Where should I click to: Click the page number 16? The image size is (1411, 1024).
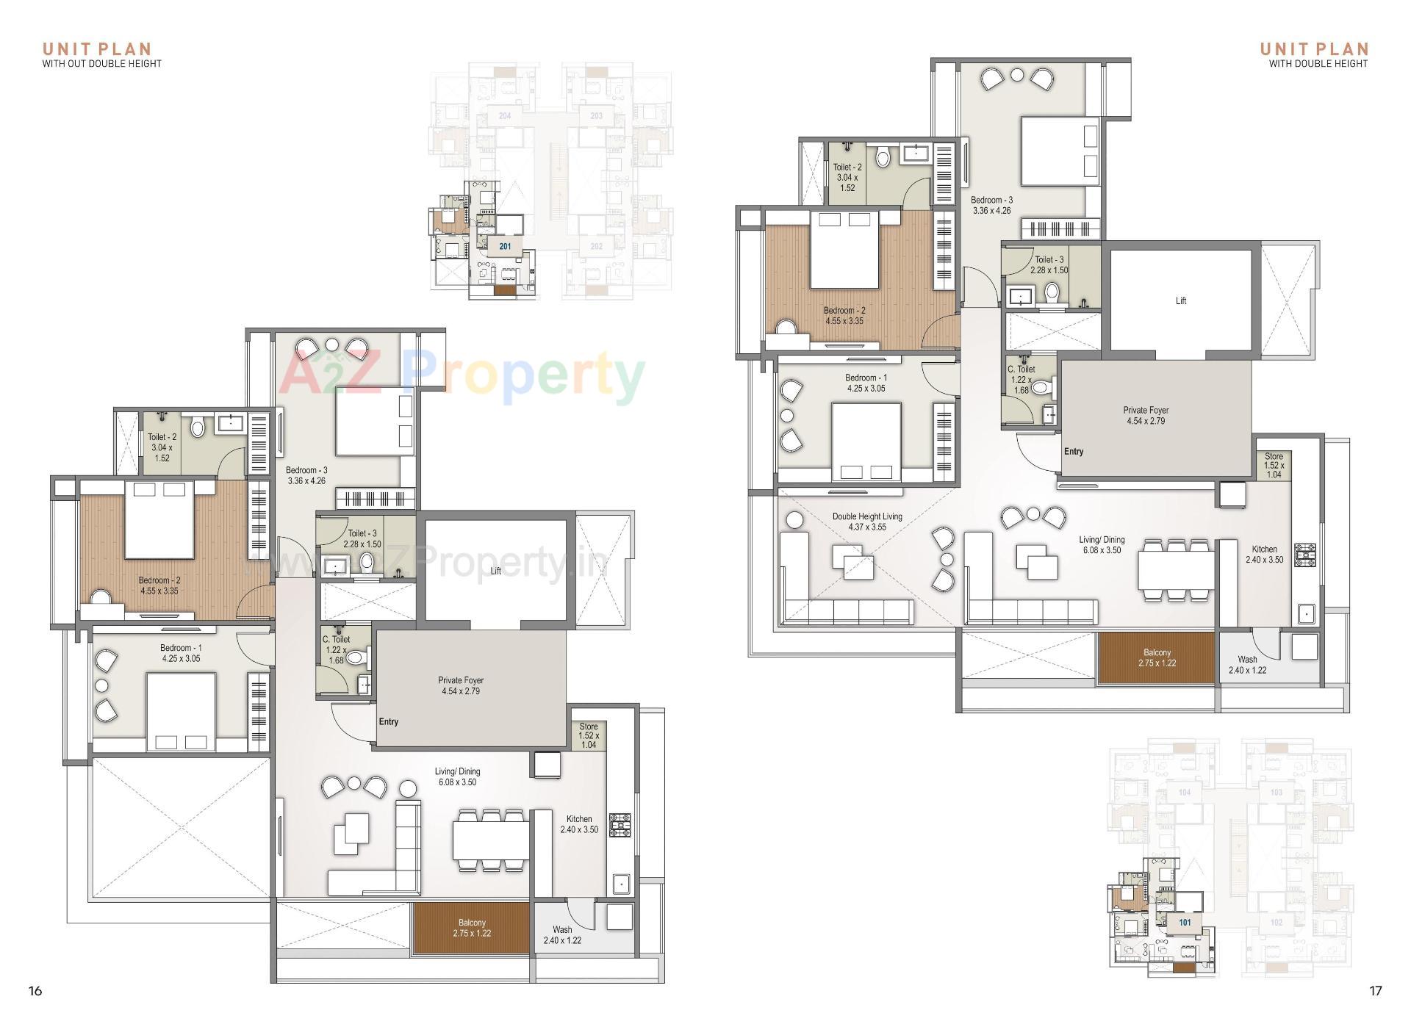click(35, 991)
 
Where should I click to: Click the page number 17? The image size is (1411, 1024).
click(1375, 991)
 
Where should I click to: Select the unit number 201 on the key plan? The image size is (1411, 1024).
click(505, 246)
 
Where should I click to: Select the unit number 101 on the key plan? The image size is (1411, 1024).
click(1185, 923)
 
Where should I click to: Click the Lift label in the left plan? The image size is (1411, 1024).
click(495, 571)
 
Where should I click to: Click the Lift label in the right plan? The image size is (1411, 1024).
click(1180, 300)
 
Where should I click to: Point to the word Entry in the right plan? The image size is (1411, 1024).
click(1074, 452)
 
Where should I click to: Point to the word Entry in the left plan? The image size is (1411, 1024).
click(389, 722)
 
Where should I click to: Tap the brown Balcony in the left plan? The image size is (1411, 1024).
click(472, 928)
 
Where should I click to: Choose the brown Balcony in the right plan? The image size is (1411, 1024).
click(1157, 657)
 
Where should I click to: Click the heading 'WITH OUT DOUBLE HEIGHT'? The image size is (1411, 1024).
click(101, 63)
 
